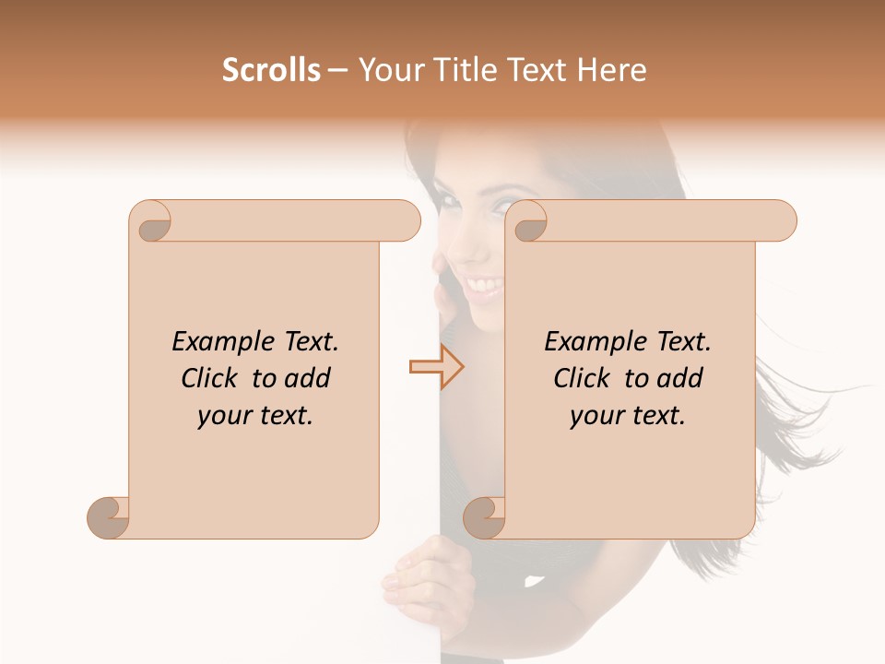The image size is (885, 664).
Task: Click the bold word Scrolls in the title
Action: (x=271, y=70)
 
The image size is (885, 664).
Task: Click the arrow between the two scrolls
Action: (x=436, y=367)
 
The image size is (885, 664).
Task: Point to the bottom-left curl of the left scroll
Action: (x=109, y=516)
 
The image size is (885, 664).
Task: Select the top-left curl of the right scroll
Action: (x=528, y=222)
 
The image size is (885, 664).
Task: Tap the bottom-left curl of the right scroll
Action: (x=485, y=516)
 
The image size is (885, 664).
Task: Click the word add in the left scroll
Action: (x=309, y=378)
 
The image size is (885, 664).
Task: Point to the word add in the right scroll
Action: (x=681, y=378)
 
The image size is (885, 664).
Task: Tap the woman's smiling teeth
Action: (x=487, y=280)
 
